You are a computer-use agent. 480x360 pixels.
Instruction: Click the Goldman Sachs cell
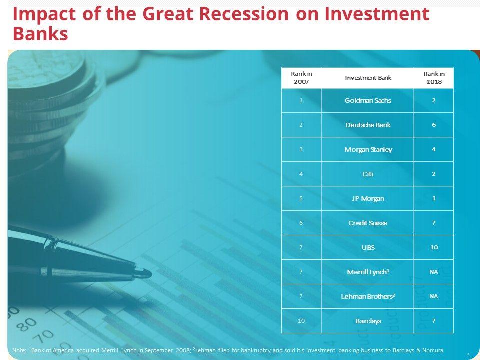pyautogui.click(x=368, y=100)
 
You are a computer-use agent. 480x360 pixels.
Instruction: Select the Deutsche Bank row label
pyautogui.click(x=368, y=125)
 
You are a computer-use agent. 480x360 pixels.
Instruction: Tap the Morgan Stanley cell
pyautogui.click(x=368, y=149)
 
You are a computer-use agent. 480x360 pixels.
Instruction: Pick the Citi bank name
pyautogui.click(x=368, y=174)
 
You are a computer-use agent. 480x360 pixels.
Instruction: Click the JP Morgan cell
pyautogui.click(x=368, y=198)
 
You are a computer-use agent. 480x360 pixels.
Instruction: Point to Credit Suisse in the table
pyautogui.click(x=368, y=223)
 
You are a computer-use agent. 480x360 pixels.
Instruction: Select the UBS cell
pyautogui.click(x=368, y=247)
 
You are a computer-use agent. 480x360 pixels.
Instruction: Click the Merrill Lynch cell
pyautogui.click(x=368, y=272)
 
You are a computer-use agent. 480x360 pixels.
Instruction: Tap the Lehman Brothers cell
pyautogui.click(x=368, y=296)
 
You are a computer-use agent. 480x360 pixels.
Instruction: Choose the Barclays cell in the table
pyautogui.click(x=368, y=321)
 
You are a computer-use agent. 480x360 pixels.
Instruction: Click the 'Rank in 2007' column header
pyautogui.click(x=301, y=78)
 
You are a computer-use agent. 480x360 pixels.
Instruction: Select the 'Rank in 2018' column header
pyautogui.click(x=434, y=78)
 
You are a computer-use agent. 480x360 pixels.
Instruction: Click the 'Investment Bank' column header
pyautogui.click(x=368, y=78)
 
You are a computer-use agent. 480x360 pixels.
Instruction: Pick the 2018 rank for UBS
pyautogui.click(x=434, y=247)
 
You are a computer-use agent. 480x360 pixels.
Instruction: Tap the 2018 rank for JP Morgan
pyautogui.click(x=434, y=198)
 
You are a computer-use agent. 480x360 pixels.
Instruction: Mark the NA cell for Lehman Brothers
pyautogui.click(x=434, y=296)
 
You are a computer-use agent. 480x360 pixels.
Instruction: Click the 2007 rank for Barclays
pyautogui.click(x=301, y=321)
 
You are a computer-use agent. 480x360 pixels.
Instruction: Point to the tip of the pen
pyautogui.click(x=151, y=273)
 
